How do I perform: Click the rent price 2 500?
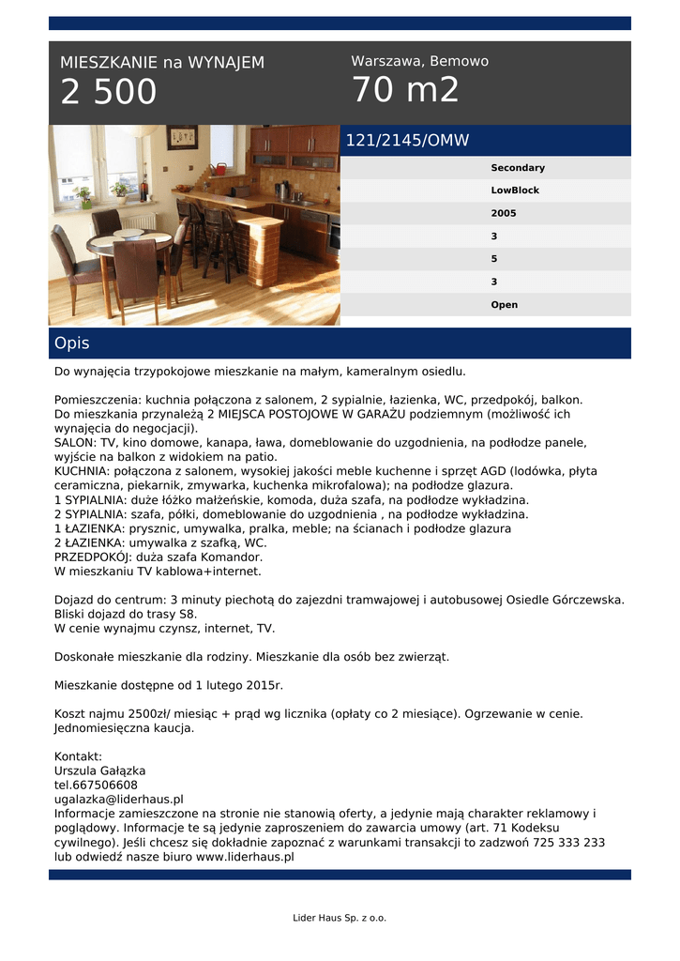[109, 93]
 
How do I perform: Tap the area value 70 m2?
[405, 91]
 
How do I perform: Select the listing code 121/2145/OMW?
[407, 141]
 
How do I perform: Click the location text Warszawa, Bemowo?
[419, 61]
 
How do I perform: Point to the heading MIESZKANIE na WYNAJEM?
[162, 63]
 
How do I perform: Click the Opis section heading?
[72, 343]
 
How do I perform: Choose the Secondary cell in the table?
[517, 168]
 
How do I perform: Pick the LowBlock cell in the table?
[515, 191]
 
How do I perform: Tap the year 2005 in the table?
[504, 213]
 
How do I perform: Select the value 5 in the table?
[494, 259]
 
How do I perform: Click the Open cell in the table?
[504, 305]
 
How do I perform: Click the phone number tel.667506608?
[96, 786]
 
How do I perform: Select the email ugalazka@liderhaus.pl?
[118, 800]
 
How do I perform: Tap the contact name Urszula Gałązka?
[99, 771]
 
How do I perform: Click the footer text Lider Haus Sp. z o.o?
[340, 918]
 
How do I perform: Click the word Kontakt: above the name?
[78, 756]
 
